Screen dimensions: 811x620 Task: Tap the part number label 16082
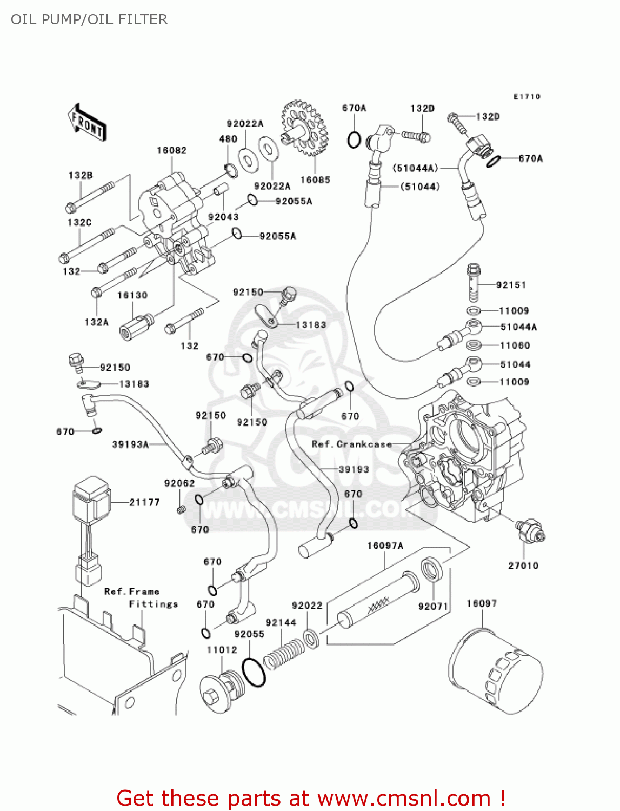pyautogui.click(x=171, y=150)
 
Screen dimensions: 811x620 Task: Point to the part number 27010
pyautogui.click(x=523, y=566)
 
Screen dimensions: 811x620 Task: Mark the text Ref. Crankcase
pyautogui.click(x=351, y=444)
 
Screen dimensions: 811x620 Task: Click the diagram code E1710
pyautogui.click(x=526, y=97)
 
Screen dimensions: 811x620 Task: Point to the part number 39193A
pyautogui.click(x=130, y=444)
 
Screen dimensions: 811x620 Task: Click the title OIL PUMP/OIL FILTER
pyautogui.click(x=89, y=19)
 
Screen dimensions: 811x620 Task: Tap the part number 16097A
pyautogui.click(x=385, y=546)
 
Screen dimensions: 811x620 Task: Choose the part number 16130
pyautogui.click(x=132, y=295)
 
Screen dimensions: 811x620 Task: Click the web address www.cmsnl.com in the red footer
pyautogui.click(x=404, y=798)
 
